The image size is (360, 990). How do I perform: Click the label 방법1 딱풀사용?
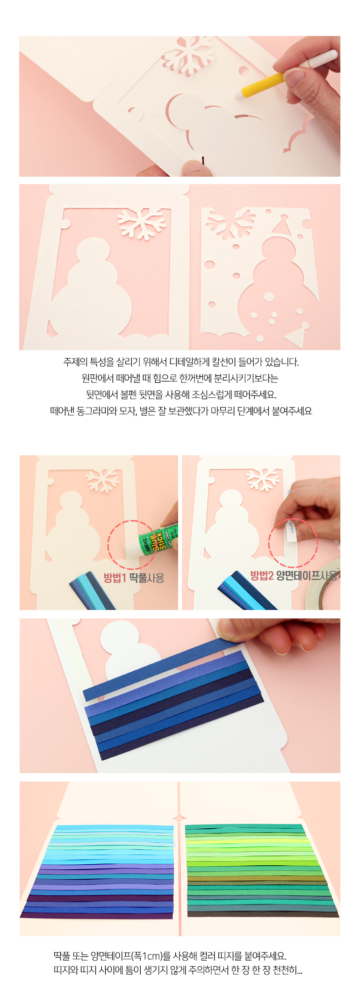pos(134,578)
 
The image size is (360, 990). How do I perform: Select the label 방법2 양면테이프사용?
pos(294,575)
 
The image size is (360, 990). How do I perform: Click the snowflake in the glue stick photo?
pos(103,480)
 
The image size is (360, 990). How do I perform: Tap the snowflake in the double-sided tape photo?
pos(263,479)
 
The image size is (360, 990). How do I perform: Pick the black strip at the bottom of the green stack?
pos(263,914)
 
